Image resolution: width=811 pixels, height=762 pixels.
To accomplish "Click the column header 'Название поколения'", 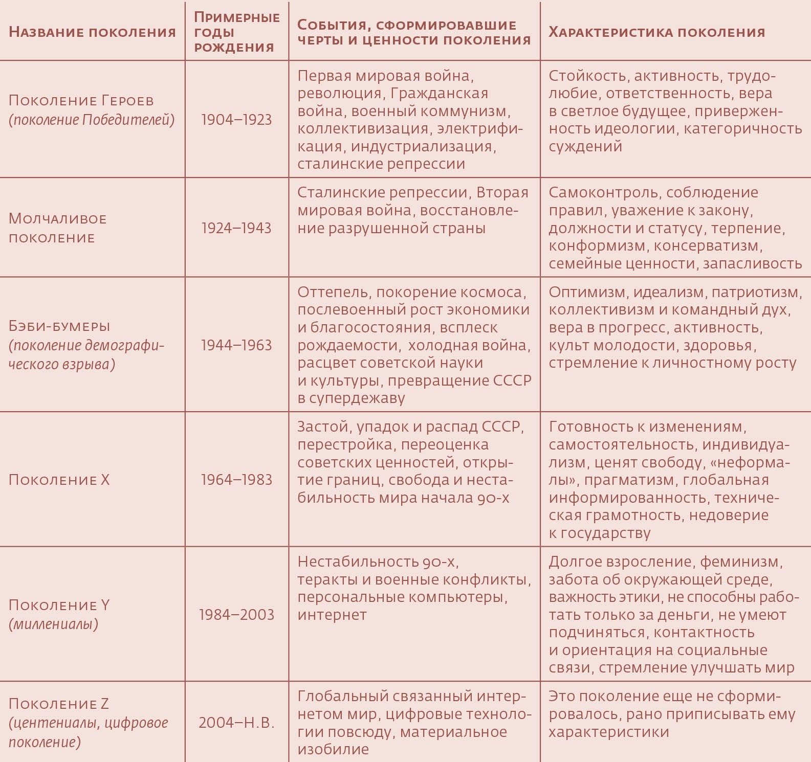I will [92, 32].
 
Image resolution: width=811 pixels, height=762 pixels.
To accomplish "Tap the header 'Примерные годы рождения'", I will [236, 32].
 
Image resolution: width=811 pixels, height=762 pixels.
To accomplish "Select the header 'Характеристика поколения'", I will [656, 32].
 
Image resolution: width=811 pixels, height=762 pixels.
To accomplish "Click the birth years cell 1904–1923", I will [236, 120].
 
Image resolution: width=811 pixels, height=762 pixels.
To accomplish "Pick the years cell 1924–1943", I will [236, 228].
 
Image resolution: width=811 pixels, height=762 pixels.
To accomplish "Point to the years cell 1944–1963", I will [236, 345].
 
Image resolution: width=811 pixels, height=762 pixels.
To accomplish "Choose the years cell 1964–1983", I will [236, 480].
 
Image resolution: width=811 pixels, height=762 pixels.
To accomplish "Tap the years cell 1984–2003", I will [236, 614].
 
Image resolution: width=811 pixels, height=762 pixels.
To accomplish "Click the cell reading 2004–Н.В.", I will [236, 723].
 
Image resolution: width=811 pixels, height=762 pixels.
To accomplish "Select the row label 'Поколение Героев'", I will [81, 100].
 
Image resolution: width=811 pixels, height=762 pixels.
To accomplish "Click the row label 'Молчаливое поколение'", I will [57, 228].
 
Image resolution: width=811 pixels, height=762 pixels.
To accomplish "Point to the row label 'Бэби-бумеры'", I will [59, 326].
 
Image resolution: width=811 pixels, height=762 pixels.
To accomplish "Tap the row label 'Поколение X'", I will [59, 480].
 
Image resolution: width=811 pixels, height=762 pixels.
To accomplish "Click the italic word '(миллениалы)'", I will [53, 624].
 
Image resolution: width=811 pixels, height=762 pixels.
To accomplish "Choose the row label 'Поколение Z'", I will [59, 704].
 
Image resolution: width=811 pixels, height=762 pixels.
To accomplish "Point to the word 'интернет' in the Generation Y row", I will [332, 614].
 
